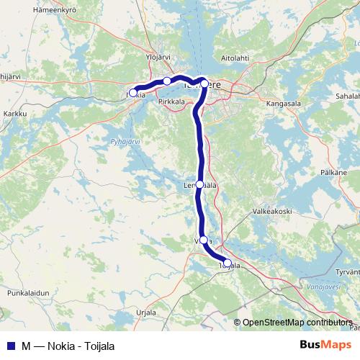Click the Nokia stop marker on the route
tap(133, 93)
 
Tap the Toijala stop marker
tap(228, 264)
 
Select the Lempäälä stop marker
tap(200, 184)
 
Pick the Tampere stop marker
tap(204, 84)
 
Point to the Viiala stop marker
tap(204, 240)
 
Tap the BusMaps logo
tap(327, 346)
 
